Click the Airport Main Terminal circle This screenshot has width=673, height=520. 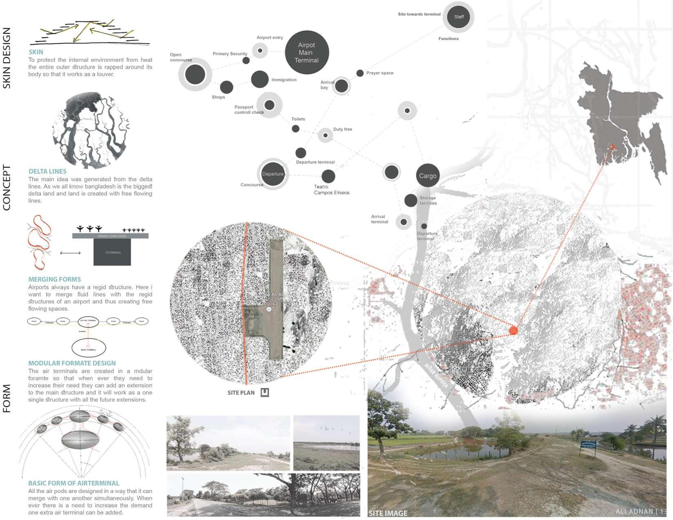coord(307,52)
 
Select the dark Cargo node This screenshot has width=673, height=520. coord(427,176)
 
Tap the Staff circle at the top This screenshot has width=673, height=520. coord(458,17)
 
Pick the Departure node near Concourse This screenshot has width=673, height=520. coord(272,174)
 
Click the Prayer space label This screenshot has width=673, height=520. coord(379,73)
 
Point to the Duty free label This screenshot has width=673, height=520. coord(342,129)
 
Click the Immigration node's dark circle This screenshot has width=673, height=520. coord(259,79)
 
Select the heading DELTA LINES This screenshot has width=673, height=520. coord(47,171)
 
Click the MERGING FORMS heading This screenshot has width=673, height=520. coord(55,279)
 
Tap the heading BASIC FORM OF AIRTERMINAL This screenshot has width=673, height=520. coord(73,483)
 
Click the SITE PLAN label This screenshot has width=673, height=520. coord(241,393)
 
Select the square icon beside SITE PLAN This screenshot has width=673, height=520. coord(265,393)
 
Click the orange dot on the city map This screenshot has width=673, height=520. coord(513,331)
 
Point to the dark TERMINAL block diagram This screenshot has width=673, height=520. coord(113,252)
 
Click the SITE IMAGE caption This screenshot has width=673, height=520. coord(388,513)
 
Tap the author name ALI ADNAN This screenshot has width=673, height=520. coord(634,511)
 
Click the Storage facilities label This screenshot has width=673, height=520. coord(428,200)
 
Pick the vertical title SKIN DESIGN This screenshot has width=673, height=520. coord(7,58)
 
